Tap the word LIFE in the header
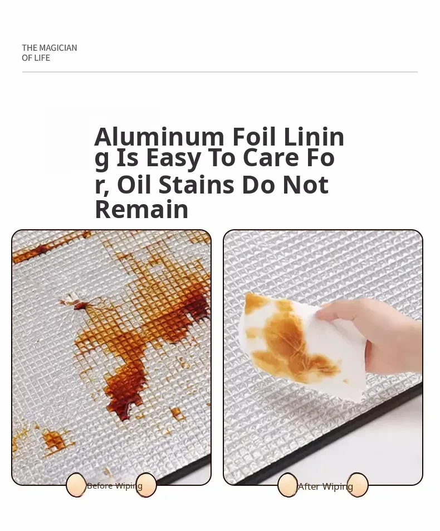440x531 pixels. pos(43,58)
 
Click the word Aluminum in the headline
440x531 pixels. pos(159,137)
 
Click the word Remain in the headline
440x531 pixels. pos(141,209)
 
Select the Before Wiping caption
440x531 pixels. pos(115,486)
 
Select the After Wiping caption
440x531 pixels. pos(326,486)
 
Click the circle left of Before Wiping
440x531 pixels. pos(76,485)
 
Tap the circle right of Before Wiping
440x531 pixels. pos(146,485)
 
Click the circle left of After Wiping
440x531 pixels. pos(287,485)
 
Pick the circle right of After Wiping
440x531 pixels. pos(358,485)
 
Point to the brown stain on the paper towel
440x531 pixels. pos(291,342)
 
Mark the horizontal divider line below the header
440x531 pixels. pos(220,72)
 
